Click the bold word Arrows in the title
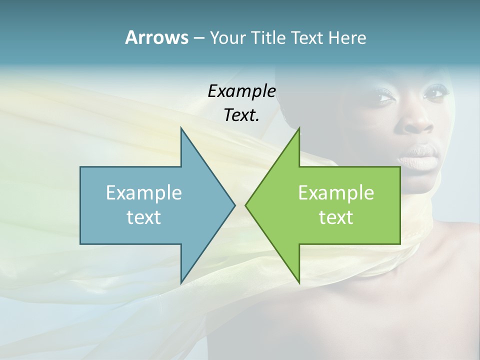pyautogui.click(x=156, y=37)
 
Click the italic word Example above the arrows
pyautogui.click(x=241, y=91)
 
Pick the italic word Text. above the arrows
pyautogui.click(x=241, y=115)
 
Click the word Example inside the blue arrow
pyautogui.click(x=143, y=193)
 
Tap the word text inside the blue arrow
pyautogui.click(x=143, y=217)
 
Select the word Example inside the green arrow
pyautogui.click(x=336, y=193)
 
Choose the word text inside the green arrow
pyautogui.click(x=336, y=217)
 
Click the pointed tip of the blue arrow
pyautogui.click(x=234, y=205)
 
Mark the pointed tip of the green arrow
pyautogui.click(x=246, y=205)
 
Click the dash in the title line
pyautogui.click(x=198, y=38)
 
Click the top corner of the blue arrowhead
pyautogui.click(x=181, y=128)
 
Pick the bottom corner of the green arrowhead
pyautogui.click(x=299, y=282)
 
